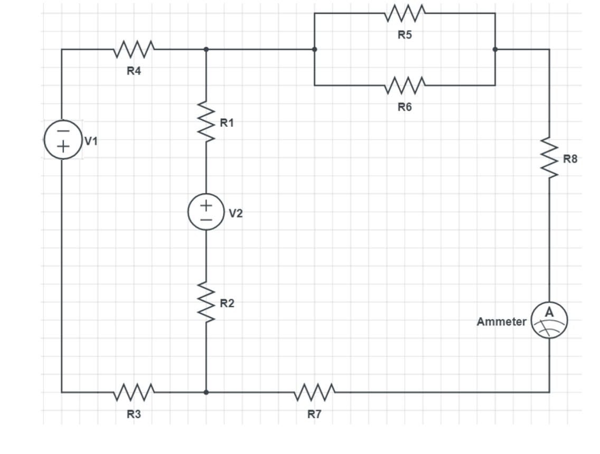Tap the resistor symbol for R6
coord(405,84)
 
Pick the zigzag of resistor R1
coord(206,123)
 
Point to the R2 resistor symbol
coord(206,303)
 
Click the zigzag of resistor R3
coord(134,392)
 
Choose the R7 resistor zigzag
coord(314,392)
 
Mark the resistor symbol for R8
coord(549,158)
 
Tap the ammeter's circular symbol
coord(549,320)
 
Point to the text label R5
coord(405,36)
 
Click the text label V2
coord(236,214)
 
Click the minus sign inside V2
coord(206,218)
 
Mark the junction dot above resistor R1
coord(206,49)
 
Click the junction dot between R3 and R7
coord(206,392)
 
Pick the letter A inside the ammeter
coord(549,313)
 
